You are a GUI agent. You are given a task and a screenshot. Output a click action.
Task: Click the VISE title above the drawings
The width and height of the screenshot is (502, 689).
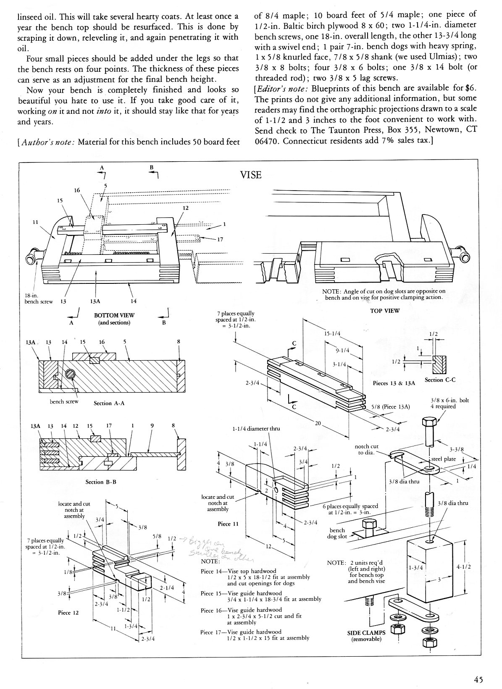(251, 175)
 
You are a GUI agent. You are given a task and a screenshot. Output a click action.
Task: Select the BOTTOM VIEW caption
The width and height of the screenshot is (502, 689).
(114, 315)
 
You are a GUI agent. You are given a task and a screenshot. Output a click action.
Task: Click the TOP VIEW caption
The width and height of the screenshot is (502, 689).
(385, 311)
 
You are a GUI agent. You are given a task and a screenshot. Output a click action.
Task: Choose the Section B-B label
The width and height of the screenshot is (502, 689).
(101, 482)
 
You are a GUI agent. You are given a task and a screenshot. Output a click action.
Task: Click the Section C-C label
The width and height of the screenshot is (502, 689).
(440, 380)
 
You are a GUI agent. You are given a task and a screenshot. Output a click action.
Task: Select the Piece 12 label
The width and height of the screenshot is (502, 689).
(68, 613)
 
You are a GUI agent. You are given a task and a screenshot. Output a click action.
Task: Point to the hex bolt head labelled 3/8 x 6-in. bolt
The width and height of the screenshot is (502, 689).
(429, 423)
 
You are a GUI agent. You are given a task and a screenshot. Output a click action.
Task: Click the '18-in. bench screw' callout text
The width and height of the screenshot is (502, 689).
(37, 299)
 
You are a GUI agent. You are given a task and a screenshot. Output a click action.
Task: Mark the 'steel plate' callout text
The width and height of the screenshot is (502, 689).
(444, 459)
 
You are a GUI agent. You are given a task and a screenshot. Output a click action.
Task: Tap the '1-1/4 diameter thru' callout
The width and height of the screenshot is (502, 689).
(256, 429)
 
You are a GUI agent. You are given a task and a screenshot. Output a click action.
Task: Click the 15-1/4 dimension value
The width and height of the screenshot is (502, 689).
(332, 334)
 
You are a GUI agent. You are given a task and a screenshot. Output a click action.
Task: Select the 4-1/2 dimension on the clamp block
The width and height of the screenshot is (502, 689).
(463, 566)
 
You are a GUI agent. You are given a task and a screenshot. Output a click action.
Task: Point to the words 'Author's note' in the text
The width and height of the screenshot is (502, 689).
(46, 142)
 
